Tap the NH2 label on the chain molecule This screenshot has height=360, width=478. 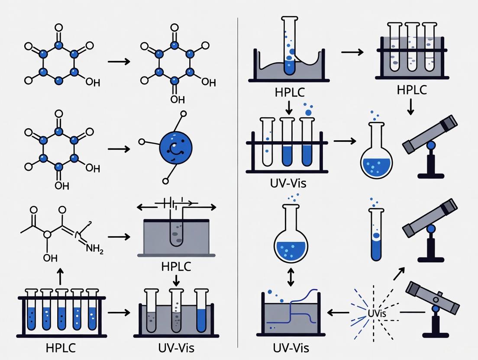click(95, 248)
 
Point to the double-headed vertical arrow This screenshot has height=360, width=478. click(291, 276)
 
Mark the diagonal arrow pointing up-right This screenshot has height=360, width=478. click(399, 273)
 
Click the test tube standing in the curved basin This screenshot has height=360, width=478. click(289, 45)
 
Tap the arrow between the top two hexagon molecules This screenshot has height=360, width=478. click(119, 61)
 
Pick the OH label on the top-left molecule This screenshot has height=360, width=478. click(93, 82)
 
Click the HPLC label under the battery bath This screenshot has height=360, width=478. click(176, 266)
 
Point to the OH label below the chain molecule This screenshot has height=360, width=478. click(50, 258)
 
